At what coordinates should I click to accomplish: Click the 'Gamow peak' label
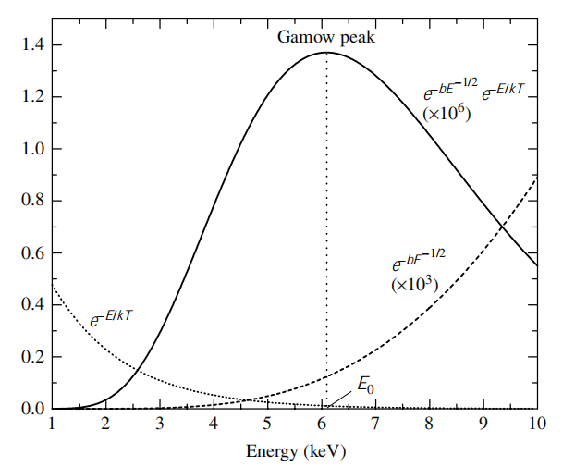[326, 38]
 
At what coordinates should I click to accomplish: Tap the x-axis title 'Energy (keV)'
[294, 452]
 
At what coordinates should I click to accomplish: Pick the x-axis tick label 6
[322, 424]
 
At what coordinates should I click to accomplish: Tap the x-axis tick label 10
[536, 424]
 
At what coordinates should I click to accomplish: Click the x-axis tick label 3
[160, 424]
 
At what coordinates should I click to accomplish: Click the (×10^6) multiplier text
[447, 114]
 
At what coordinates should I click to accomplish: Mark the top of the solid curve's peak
[326, 52]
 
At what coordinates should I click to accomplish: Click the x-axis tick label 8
[429, 424]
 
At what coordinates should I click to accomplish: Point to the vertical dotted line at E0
[326, 231]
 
